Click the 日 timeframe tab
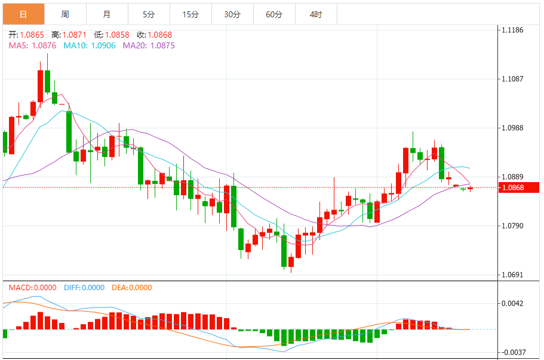click(23, 14)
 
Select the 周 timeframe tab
click(65, 14)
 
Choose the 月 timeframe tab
click(106, 14)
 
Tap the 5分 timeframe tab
click(149, 14)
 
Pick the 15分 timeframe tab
click(190, 14)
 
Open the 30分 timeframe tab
click(232, 14)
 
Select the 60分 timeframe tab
click(274, 14)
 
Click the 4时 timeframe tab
click(316, 14)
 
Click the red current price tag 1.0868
click(519, 187)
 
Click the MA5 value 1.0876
click(44, 45)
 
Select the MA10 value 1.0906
click(103, 45)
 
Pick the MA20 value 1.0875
click(162, 45)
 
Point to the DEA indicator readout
click(131, 288)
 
